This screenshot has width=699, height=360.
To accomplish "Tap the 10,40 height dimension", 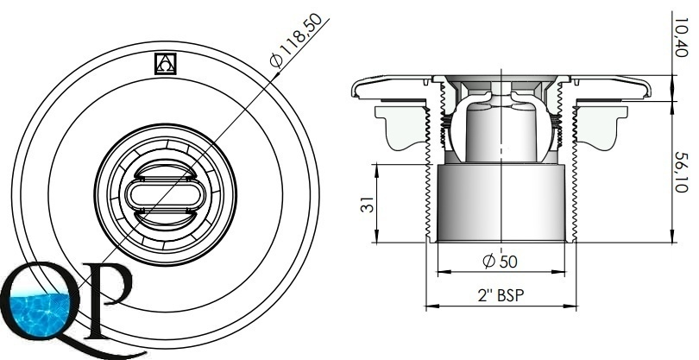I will coord(681,40).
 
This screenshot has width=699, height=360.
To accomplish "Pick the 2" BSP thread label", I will coord(501,294).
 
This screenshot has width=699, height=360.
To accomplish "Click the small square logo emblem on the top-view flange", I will coord(164,64).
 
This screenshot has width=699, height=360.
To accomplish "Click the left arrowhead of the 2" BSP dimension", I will coord(429,306).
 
